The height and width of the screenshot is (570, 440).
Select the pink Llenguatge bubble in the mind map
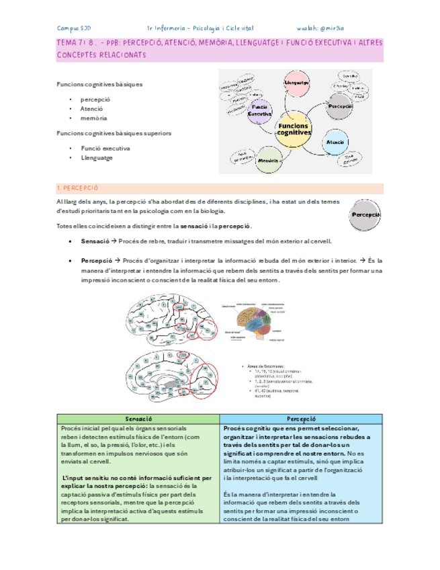tap(296, 82)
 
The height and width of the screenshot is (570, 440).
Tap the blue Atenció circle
tap(335, 142)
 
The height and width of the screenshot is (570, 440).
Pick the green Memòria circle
tap(269, 161)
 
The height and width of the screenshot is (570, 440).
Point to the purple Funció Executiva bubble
tap(259, 111)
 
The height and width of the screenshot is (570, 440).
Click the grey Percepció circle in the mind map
tap(340, 106)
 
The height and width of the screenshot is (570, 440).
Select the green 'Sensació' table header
tap(137, 419)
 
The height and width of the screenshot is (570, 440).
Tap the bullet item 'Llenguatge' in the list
tap(98, 158)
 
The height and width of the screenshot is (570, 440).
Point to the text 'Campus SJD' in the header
tap(75, 28)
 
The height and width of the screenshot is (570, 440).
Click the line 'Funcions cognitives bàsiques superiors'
tap(114, 133)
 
